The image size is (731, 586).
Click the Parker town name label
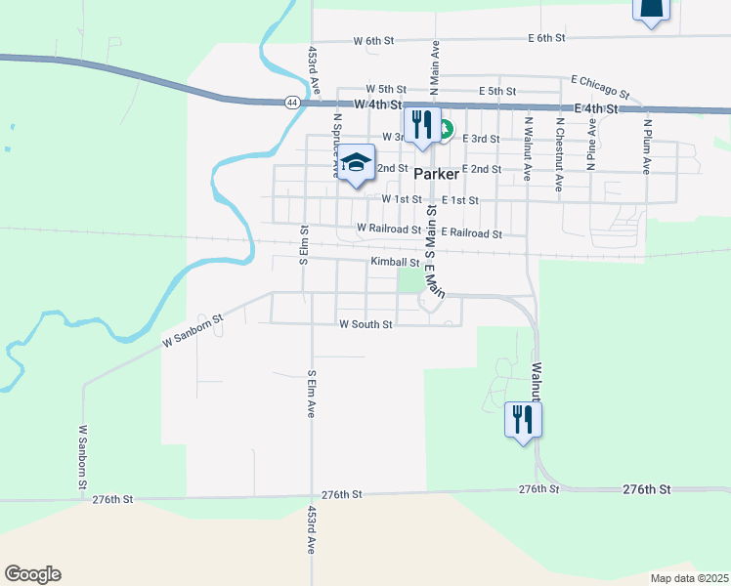coord(436,174)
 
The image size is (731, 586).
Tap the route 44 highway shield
coord(292,102)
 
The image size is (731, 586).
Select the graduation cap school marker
coord(357,164)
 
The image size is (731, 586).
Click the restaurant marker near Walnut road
coord(523,420)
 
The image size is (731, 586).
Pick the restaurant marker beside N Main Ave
coord(422,125)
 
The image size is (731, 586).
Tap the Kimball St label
coord(395,262)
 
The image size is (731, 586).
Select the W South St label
coord(365,324)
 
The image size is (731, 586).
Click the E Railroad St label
coord(471,233)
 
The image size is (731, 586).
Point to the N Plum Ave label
coord(647,146)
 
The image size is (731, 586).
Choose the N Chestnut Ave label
coord(560,154)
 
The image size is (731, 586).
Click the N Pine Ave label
coord(591,146)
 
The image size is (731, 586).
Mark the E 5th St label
coord(497,91)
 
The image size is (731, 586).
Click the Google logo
coord(32,574)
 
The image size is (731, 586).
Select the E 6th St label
coord(547,38)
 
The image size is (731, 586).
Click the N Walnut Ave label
coord(528,149)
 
